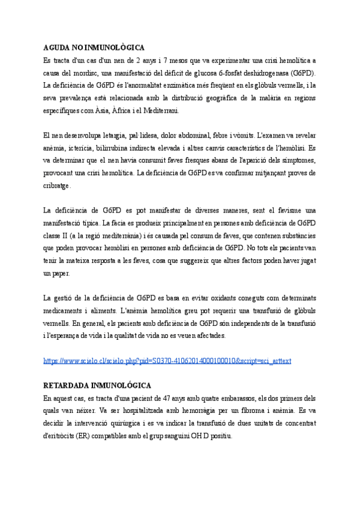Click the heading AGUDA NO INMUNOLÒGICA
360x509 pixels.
coord(94,47)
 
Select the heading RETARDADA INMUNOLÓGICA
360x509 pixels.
coord(97,385)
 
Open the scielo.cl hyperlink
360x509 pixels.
coord(167,361)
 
